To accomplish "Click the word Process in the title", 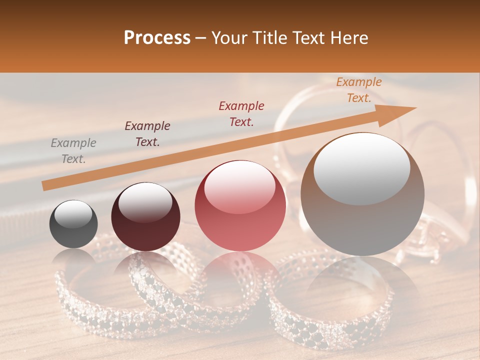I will tap(157, 38).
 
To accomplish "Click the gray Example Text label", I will tap(73, 151).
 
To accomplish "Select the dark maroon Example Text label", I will tap(147, 134).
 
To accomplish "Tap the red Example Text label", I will tap(241, 114).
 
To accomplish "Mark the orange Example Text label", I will tap(358, 90).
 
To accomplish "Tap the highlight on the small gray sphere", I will tap(73, 214).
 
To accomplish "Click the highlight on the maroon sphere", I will tap(145, 202).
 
